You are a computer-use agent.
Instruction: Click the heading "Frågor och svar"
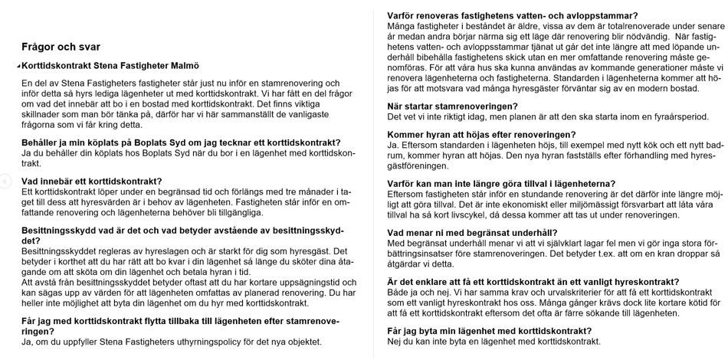pyautogui.click(x=61, y=47)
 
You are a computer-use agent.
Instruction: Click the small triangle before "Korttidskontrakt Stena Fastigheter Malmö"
pyautogui.click(x=18, y=67)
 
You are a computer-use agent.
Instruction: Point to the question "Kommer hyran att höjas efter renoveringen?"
pyautogui.click(x=482, y=135)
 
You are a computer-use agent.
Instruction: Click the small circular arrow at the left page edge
pyautogui.click(x=4, y=180)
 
